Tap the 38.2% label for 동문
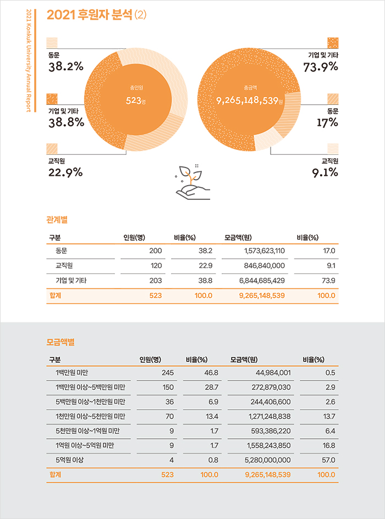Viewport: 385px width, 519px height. (65, 66)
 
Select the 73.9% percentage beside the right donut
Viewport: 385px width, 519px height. (320, 66)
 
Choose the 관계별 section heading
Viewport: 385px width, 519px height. (57, 220)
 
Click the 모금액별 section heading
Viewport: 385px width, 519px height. (61, 342)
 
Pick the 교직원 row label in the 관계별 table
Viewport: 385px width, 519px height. (65, 265)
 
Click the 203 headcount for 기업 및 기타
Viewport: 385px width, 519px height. (155, 280)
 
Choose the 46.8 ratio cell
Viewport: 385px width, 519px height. (211, 373)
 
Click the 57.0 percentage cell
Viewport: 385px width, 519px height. (330, 459)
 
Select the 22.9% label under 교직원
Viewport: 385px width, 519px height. (65, 172)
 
